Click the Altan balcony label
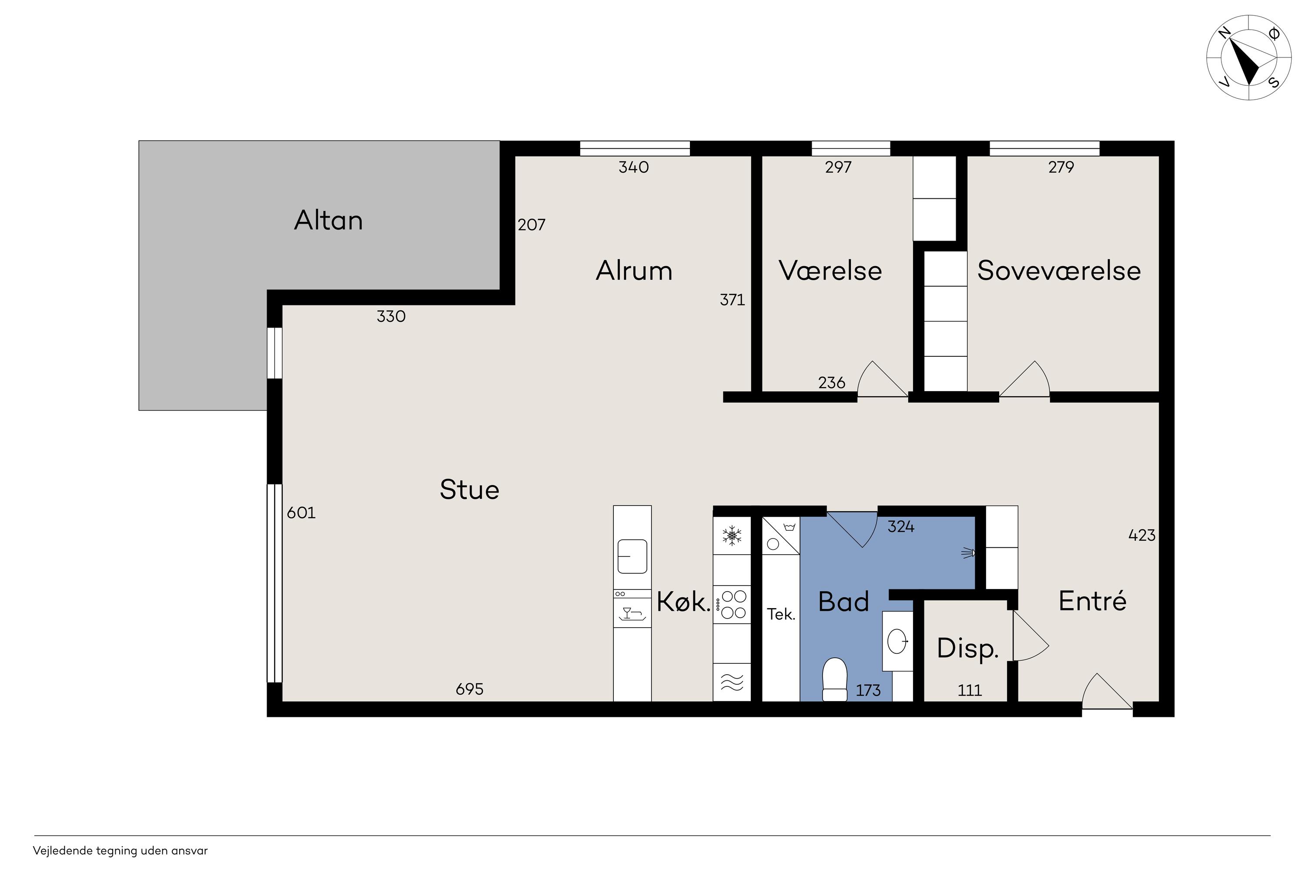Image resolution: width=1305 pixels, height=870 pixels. coord(328,220)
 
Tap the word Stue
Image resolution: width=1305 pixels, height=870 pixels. coord(469,489)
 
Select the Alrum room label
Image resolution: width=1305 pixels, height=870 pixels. coord(634,271)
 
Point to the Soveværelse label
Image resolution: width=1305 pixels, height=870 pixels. coord(1059,271)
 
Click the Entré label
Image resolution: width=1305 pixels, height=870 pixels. coord(1092,600)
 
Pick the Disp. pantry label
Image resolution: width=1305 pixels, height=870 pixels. coord(967,649)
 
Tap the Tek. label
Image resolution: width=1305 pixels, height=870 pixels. coord(781,614)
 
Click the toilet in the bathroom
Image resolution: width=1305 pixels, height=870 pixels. coord(834,679)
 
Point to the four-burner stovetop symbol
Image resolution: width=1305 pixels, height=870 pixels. coord(733,605)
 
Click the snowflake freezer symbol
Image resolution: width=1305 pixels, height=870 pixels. coord(732,536)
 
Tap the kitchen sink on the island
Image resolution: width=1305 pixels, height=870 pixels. coord(632,556)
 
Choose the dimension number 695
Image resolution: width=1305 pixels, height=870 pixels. coord(469,689)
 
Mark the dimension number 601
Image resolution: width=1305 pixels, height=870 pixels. coord(301,513)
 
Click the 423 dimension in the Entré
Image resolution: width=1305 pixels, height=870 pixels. coord(1142,535)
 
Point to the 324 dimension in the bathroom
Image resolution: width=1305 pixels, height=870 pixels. coord(901,526)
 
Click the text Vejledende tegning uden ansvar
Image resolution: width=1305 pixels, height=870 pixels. coord(120,850)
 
